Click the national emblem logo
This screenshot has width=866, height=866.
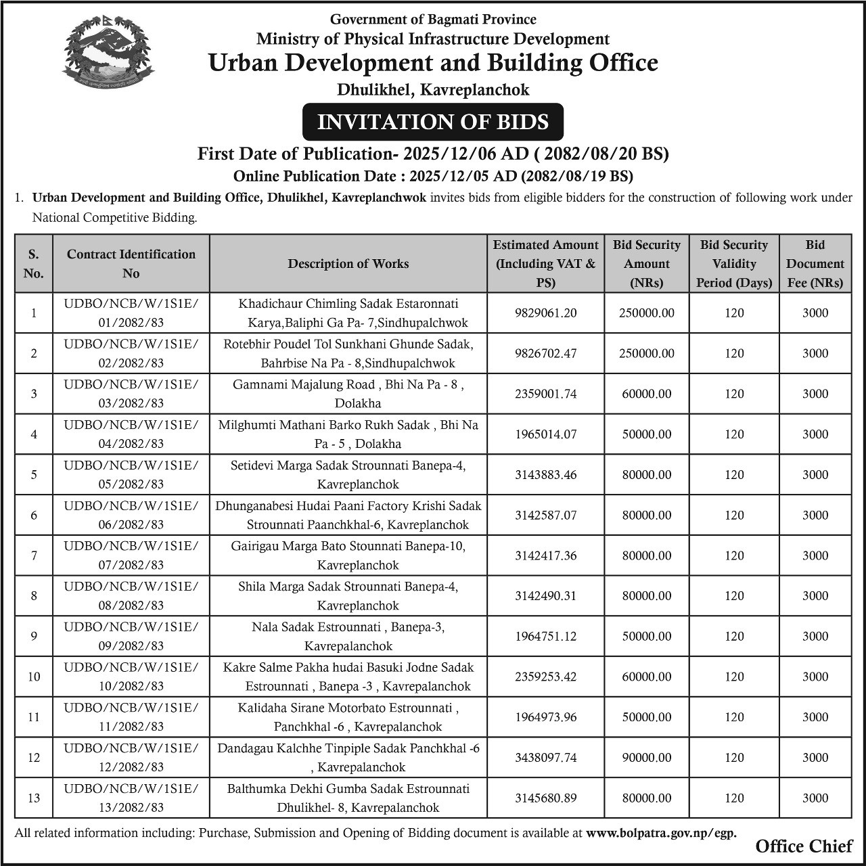[108, 55]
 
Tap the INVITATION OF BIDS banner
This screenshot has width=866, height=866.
[432, 122]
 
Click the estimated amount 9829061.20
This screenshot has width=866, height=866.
[545, 313]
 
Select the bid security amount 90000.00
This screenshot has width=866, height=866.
[647, 758]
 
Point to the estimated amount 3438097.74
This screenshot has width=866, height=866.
[545, 758]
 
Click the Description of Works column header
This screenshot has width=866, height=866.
[348, 264]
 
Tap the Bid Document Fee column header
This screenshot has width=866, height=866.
[815, 264]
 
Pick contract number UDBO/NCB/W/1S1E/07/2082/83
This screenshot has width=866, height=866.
[131, 555]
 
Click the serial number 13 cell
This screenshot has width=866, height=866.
[34, 798]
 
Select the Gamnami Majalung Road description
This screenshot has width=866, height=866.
[348, 394]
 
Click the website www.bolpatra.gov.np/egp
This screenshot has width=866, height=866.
[661, 834]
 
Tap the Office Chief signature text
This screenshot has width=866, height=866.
[804, 846]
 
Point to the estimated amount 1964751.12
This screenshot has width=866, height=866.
[545, 636]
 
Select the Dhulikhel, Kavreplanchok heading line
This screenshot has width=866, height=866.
[433, 89]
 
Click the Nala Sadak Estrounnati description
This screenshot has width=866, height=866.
[348, 636]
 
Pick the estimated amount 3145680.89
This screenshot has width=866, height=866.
[545, 798]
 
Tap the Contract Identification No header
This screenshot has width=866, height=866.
[131, 264]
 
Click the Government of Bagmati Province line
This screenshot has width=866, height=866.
[433, 20]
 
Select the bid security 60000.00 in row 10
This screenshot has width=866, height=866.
[647, 677]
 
